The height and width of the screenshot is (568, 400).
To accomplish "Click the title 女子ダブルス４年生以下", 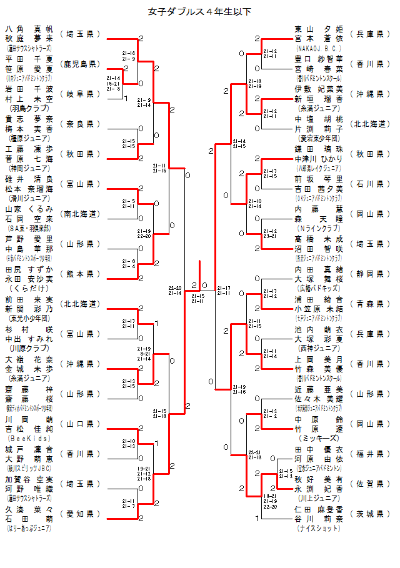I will [x=200, y=11].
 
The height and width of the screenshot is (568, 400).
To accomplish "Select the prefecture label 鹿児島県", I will [x=80, y=64].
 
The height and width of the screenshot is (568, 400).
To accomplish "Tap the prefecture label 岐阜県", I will [x=80, y=94].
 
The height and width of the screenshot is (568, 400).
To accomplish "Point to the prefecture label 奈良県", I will [x=80, y=124].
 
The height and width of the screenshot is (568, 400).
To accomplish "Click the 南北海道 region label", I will [x=80, y=214].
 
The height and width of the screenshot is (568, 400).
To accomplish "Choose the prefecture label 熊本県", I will [x=80, y=274].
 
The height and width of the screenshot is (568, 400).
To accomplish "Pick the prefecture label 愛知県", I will [x=80, y=514].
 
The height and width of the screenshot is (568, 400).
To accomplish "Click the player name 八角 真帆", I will [x=29, y=29].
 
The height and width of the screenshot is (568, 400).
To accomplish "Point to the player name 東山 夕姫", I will [x=319, y=29].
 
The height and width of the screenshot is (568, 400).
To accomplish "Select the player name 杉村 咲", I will [x=29, y=329].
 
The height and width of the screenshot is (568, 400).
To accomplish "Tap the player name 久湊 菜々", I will [x=29, y=509].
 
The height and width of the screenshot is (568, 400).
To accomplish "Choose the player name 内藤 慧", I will [x=319, y=209].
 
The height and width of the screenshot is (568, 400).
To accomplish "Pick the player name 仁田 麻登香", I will [x=319, y=509].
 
